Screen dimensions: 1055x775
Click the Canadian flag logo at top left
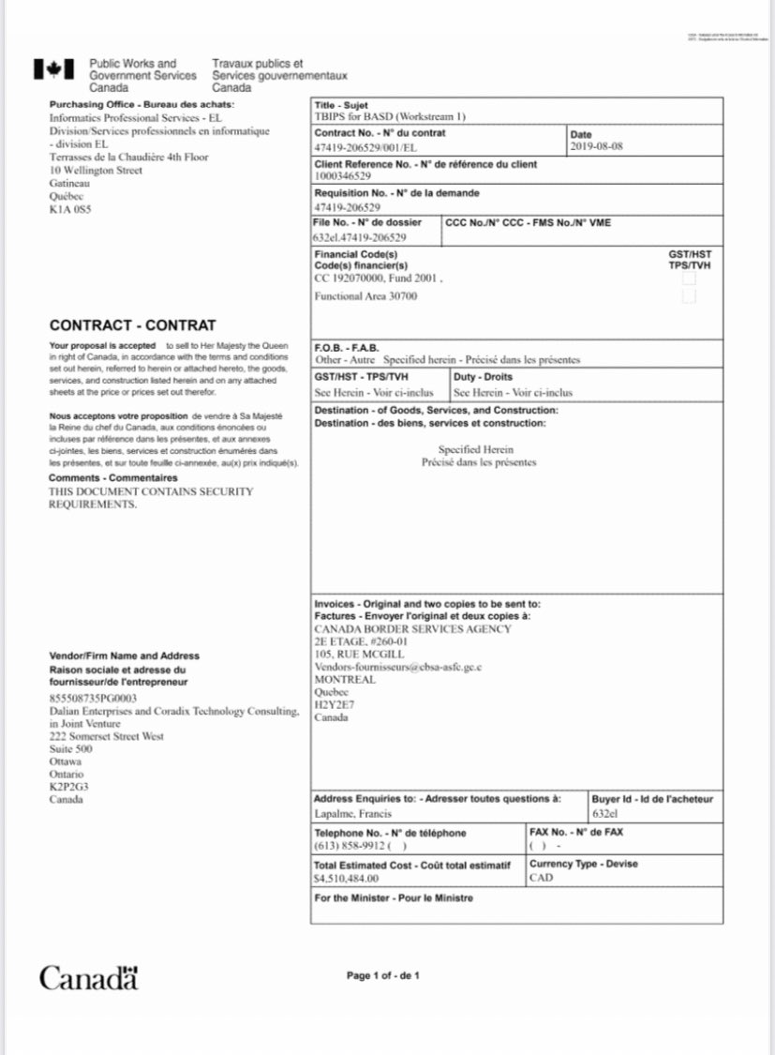tap(53, 68)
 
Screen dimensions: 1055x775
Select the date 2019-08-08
tap(595, 146)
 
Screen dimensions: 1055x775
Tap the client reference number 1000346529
tap(343, 176)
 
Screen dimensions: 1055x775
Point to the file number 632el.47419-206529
tap(360, 237)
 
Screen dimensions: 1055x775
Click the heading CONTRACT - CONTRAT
tap(132, 325)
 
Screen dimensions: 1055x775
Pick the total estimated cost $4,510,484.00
tap(346, 879)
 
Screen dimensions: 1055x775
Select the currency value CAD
tap(542, 879)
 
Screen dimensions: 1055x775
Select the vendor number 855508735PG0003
tap(93, 699)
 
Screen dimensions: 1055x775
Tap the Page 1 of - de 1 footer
tap(382, 976)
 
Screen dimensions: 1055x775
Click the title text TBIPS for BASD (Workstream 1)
tap(390, 117)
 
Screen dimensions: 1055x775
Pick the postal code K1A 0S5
tap(70, 209)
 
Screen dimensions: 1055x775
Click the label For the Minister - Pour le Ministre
tap(394, 898)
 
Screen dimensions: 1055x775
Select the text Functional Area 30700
tap(365, 296)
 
